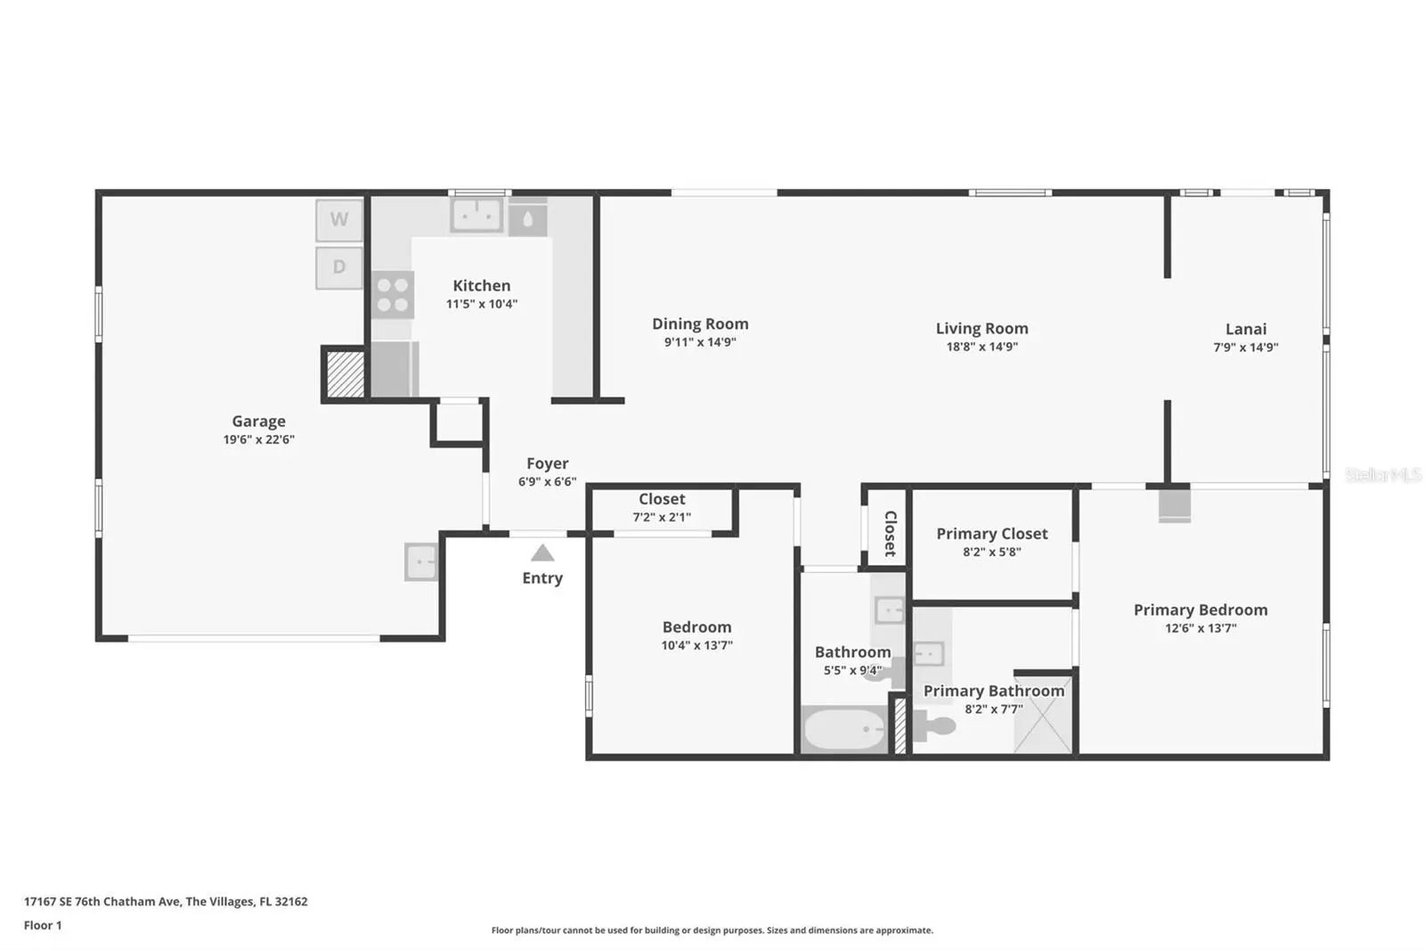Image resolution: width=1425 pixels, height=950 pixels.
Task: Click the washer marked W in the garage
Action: [339, 219]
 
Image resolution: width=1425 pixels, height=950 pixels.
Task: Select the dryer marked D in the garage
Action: [339, 267]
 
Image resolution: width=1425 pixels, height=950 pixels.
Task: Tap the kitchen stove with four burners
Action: [393, 295]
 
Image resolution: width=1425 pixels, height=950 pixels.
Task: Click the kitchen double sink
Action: [476, 215]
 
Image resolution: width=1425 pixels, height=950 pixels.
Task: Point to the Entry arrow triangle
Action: [542, 553]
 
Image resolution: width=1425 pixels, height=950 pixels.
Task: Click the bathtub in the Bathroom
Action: [844, 730]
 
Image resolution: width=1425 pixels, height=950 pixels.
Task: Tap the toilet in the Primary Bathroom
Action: [934, 726]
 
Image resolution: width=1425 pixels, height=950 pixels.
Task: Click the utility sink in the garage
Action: [421, 561]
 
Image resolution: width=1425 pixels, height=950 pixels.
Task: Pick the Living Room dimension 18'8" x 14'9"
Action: [981, 347]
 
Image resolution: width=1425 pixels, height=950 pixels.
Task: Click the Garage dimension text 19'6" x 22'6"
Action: [259, 439]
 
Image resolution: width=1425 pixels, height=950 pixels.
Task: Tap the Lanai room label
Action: [1246, 329]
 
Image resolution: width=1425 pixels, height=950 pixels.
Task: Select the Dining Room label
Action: [700, 323]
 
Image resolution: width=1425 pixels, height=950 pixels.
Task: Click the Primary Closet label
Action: [992, 534]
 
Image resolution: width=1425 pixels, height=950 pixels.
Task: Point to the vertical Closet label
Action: [891, 534]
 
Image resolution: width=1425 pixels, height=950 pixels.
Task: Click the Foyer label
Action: [547, 463]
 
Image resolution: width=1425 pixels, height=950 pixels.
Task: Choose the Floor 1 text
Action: [43, 925]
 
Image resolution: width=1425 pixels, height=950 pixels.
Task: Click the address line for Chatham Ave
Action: [166, 902]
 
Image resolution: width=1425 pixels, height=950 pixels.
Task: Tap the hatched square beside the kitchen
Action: [345, 374]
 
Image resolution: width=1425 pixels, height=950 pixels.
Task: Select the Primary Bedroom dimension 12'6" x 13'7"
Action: [1201, 627]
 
